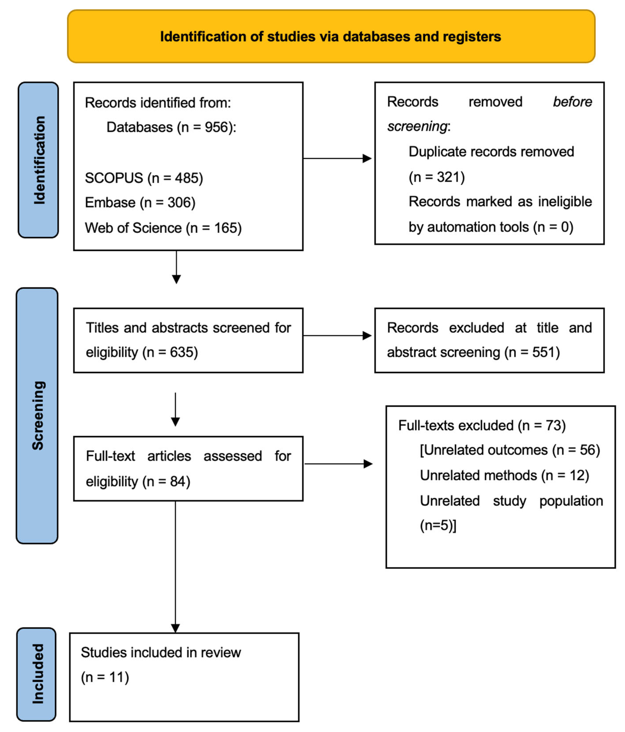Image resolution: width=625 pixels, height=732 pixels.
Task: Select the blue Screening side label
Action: [37, 415]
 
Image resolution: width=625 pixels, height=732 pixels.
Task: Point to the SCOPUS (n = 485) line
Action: [144, 178]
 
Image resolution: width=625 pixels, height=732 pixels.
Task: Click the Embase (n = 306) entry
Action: [140, 203]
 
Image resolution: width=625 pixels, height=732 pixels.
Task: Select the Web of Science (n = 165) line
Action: [163, 228]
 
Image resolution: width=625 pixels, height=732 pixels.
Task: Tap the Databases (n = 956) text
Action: [171, 127]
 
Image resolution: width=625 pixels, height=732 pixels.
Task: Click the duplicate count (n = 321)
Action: [436, 177]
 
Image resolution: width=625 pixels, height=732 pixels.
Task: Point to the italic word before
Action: [572, 102]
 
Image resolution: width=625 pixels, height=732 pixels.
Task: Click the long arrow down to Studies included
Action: [176, 565]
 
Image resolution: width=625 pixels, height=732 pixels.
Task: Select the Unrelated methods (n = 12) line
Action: [504, 475]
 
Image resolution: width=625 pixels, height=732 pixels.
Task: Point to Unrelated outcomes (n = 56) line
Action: [509, 450]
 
